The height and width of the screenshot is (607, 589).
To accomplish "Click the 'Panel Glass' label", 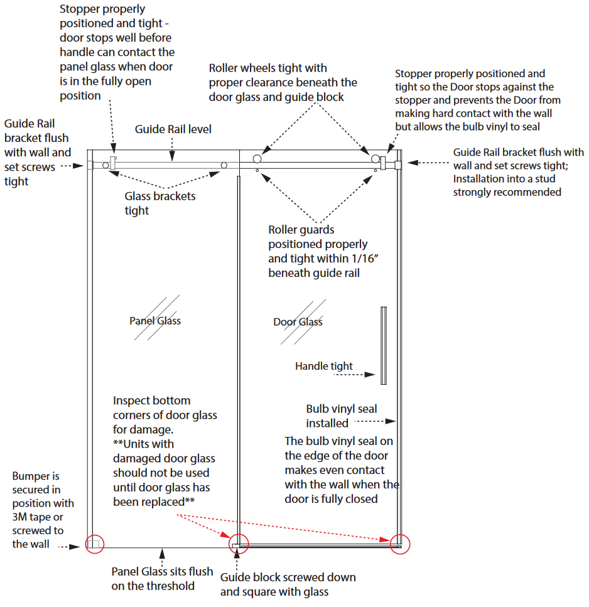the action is click(155, 321).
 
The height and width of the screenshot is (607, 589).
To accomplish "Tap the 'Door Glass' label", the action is click(298, 321).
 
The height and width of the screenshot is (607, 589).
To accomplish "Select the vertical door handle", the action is click(384, 345).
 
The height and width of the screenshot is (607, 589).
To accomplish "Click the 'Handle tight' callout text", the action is click(324, 366).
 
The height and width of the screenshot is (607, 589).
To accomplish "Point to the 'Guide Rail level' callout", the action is click(173, 129).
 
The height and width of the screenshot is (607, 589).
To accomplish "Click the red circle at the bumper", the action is click(94, 544).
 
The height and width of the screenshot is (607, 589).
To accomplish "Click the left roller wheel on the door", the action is click(257, 159).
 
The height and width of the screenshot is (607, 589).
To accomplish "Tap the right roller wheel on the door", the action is click(376, 159).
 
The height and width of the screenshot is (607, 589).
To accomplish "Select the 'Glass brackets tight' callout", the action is click(160, 203).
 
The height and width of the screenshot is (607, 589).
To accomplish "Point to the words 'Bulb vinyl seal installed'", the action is click(342, 416).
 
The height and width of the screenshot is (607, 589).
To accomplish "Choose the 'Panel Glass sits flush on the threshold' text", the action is click(162, 579).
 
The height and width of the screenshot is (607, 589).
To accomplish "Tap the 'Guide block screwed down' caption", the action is click(288, 577).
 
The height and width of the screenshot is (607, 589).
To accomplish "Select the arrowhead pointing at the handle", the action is click(370, 374).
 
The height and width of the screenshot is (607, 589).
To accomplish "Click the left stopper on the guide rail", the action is click(113, 163).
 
